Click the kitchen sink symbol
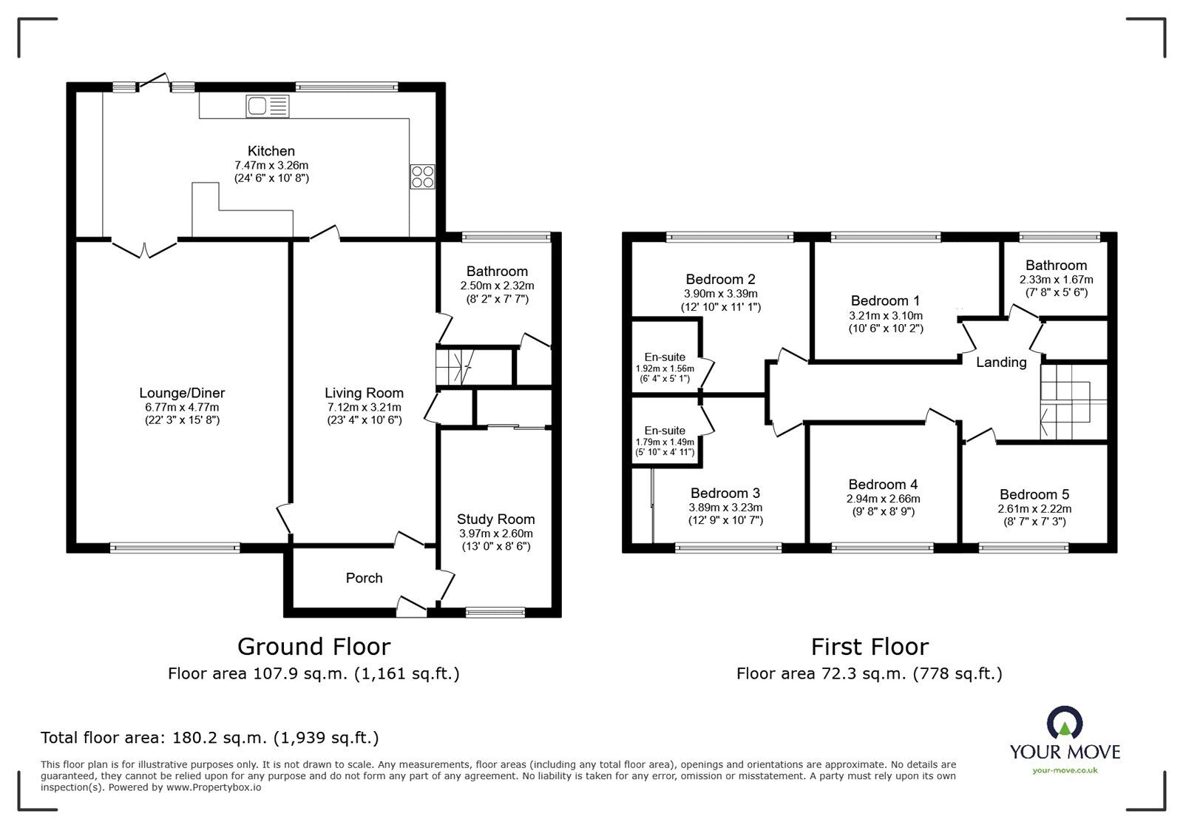tap(267, 107)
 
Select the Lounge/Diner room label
tap(182, 394)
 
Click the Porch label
tap(364, 578)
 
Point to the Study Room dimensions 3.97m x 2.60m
tap(495, 534)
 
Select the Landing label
tap(1001, 362)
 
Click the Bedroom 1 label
tap(885, 300)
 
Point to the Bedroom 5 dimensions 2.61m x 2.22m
tap(1034, 509)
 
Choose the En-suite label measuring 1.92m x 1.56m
tap(664, 357)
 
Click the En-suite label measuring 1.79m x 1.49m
tap(665, 431)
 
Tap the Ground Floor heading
tap(313, 647)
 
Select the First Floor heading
tap(870, 647)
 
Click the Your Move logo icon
tap(1065, 723)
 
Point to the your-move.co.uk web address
tap(1065, 770)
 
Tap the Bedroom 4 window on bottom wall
tap(882, 548)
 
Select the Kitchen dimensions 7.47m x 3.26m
tap(271, 166)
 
